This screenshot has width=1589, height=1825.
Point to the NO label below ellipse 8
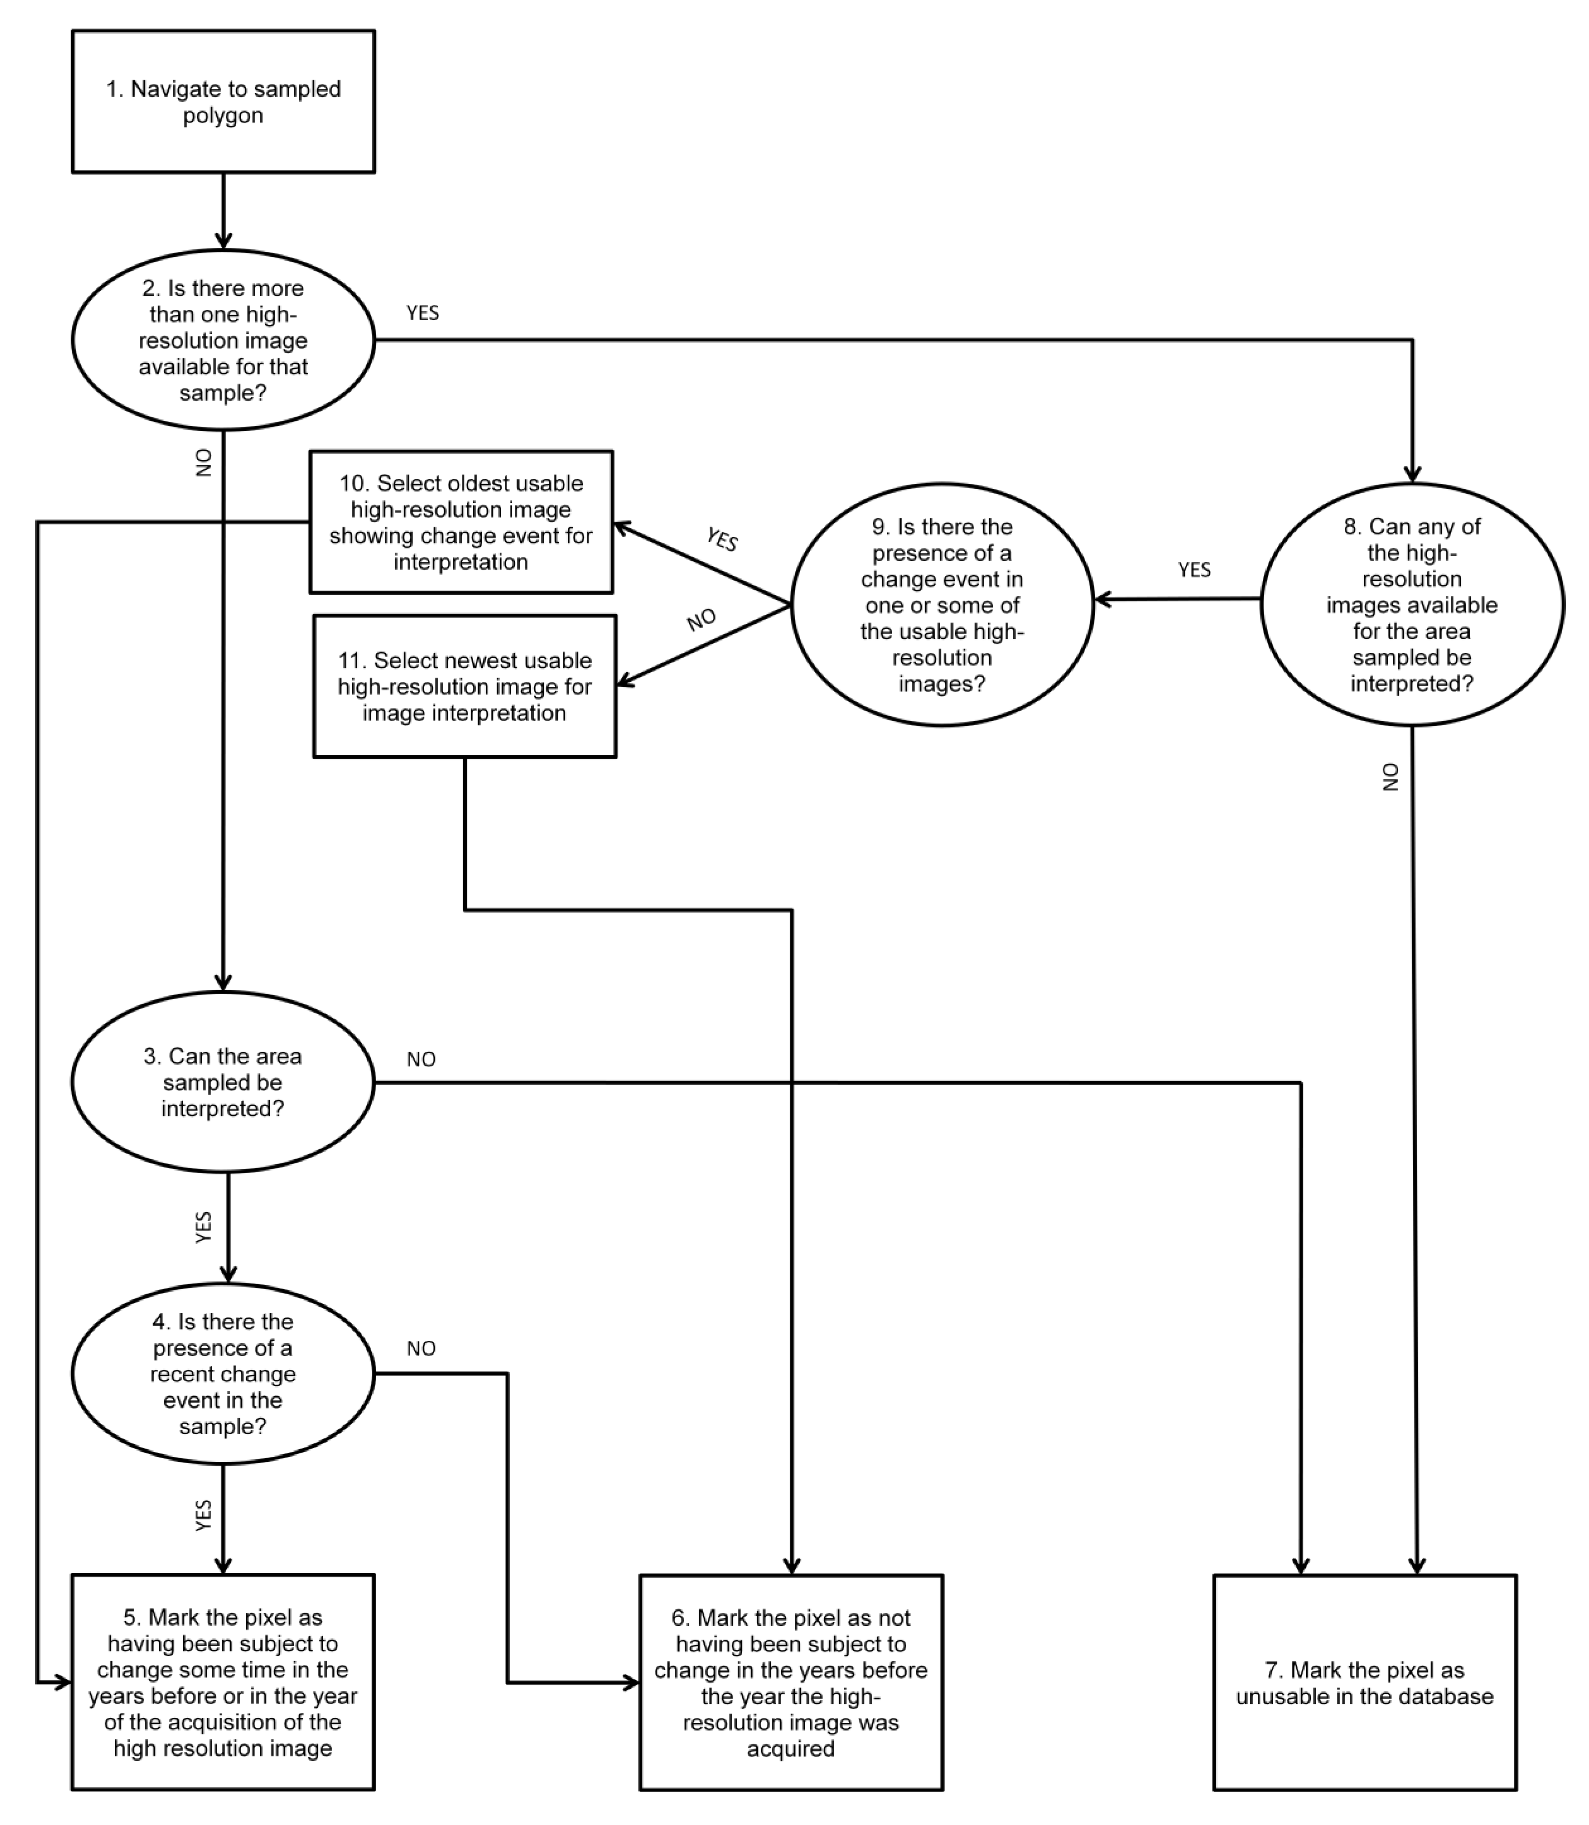pos(1390,777)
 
